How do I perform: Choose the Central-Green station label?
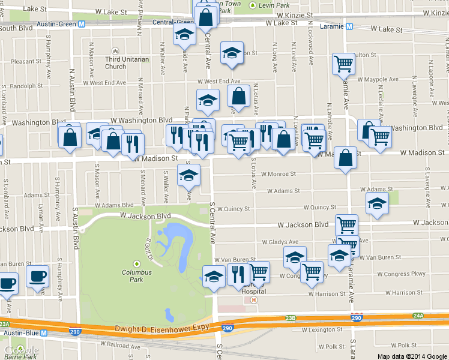tap(172, 22)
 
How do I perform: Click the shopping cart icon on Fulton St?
tap(344, 63)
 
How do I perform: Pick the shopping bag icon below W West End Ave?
tap(238, 95)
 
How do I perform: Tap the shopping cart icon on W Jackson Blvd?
tap(346, 224)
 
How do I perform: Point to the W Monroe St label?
tap(280, 175)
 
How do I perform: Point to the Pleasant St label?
tap(25, 61)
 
